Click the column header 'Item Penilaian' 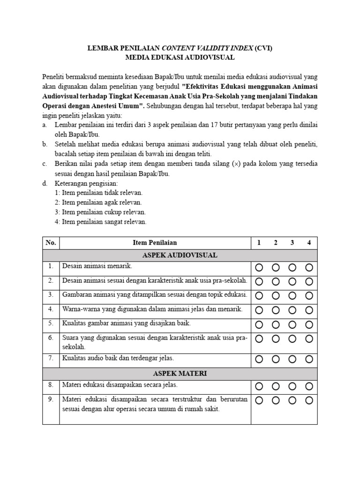[x=155, y=242]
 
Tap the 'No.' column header [x=51, y=242]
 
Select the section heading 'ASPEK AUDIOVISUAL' [x=180, y=255]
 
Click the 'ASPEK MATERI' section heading [x=180, y=374]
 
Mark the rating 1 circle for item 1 [x=259, y=268]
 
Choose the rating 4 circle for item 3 [x=309, y=295]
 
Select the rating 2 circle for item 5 [x=276, y=324]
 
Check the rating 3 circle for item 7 [x=292, y=360]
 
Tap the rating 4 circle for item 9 [x=309, y=400]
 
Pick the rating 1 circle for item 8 [x=259, y=387]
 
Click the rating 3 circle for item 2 [x=292, y=281]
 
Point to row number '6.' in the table [x=51, y=337]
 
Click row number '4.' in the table [x=51, y=309]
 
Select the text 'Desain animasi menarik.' [x=97, y=266]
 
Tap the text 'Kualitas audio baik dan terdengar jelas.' [x=118, y=358]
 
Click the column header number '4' [x=309, y=242]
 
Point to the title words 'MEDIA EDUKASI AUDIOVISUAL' [x=180, y=57]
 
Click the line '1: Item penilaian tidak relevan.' [x=98, y=193]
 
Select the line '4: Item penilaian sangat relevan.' [x=100, y=222]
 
